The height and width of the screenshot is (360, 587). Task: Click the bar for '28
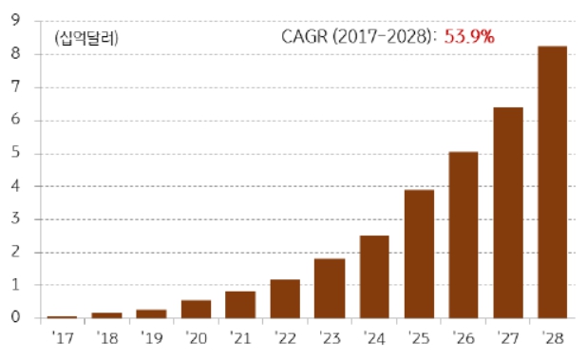point(553,182)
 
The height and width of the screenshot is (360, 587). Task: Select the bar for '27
point(508,213)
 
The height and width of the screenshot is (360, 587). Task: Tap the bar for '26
point(464,235)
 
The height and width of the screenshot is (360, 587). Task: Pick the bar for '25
point(419,254)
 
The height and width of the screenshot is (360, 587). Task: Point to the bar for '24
point(374,276)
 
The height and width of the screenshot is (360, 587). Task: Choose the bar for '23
point(330,288)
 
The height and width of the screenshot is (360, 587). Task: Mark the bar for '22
point(285,298)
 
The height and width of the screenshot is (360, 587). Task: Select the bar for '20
point(196,309)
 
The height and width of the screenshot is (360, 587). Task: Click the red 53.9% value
point(470,37)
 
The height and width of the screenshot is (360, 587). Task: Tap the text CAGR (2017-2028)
point(358,37)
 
